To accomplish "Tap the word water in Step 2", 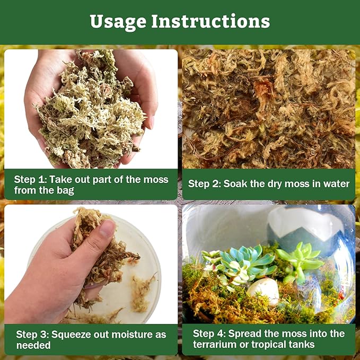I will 336,184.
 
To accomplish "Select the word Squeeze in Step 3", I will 74,334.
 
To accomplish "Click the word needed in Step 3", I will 33,345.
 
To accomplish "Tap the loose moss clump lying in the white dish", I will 142,291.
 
